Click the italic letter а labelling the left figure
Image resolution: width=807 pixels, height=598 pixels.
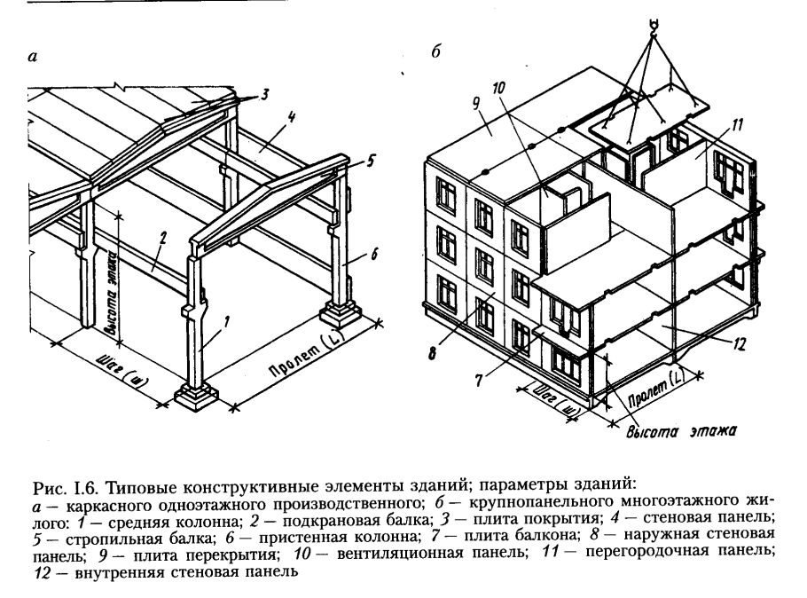click(x=33, y=59)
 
